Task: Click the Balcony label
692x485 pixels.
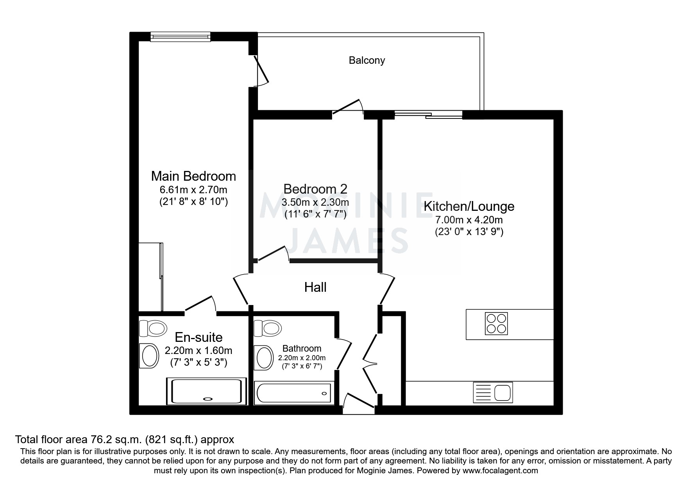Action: pos(367,60)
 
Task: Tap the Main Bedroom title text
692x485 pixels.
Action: pos(193,176)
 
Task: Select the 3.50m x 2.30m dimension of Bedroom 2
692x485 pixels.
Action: pos(315,203)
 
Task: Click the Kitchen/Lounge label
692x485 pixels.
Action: pos(469,206)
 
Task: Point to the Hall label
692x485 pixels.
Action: pos(315,287)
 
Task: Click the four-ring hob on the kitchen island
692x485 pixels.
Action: pos(496,323)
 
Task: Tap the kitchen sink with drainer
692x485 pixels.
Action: pos(493,392)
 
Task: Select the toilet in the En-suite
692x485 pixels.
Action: pos(153,328)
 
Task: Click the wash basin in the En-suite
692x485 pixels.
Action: pos(149,356)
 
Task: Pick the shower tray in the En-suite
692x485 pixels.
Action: pos(206,392)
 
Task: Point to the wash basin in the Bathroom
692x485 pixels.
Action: pos(264,357)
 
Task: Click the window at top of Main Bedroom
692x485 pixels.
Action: pos(180,37)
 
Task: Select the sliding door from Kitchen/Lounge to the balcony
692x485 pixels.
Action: pos(428,115)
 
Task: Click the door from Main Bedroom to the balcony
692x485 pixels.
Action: pos(260,71)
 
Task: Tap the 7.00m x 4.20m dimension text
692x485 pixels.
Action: pos(469,220)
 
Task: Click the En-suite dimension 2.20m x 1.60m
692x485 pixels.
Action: pos(198,350)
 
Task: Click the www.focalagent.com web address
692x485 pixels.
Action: pos(500,471)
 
